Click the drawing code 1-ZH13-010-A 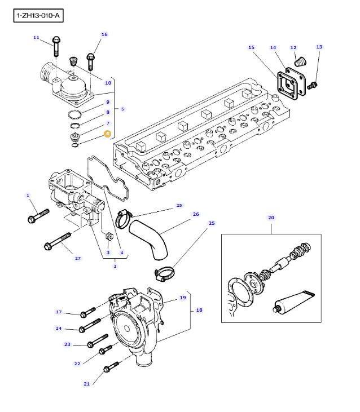pos(38,16)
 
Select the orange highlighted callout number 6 pos(107,134)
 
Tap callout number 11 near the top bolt pos(36,38)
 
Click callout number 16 pos(104,34)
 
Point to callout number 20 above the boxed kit pos(271,218)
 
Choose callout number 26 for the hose pos(196,214)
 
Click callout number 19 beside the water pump pos(183,298)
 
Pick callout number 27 pos(78,258)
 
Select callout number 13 pos(319,47)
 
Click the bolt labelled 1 pos(38,216)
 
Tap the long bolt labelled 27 pos(58,241)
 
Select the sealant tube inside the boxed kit pos(294,302)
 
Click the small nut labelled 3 pos(109,236)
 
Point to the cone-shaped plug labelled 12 pos(301,62)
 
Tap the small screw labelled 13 pos(312,86)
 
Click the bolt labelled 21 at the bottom pos(111,366)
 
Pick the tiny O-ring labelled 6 pos(75,145)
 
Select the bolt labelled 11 pos(56,46)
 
